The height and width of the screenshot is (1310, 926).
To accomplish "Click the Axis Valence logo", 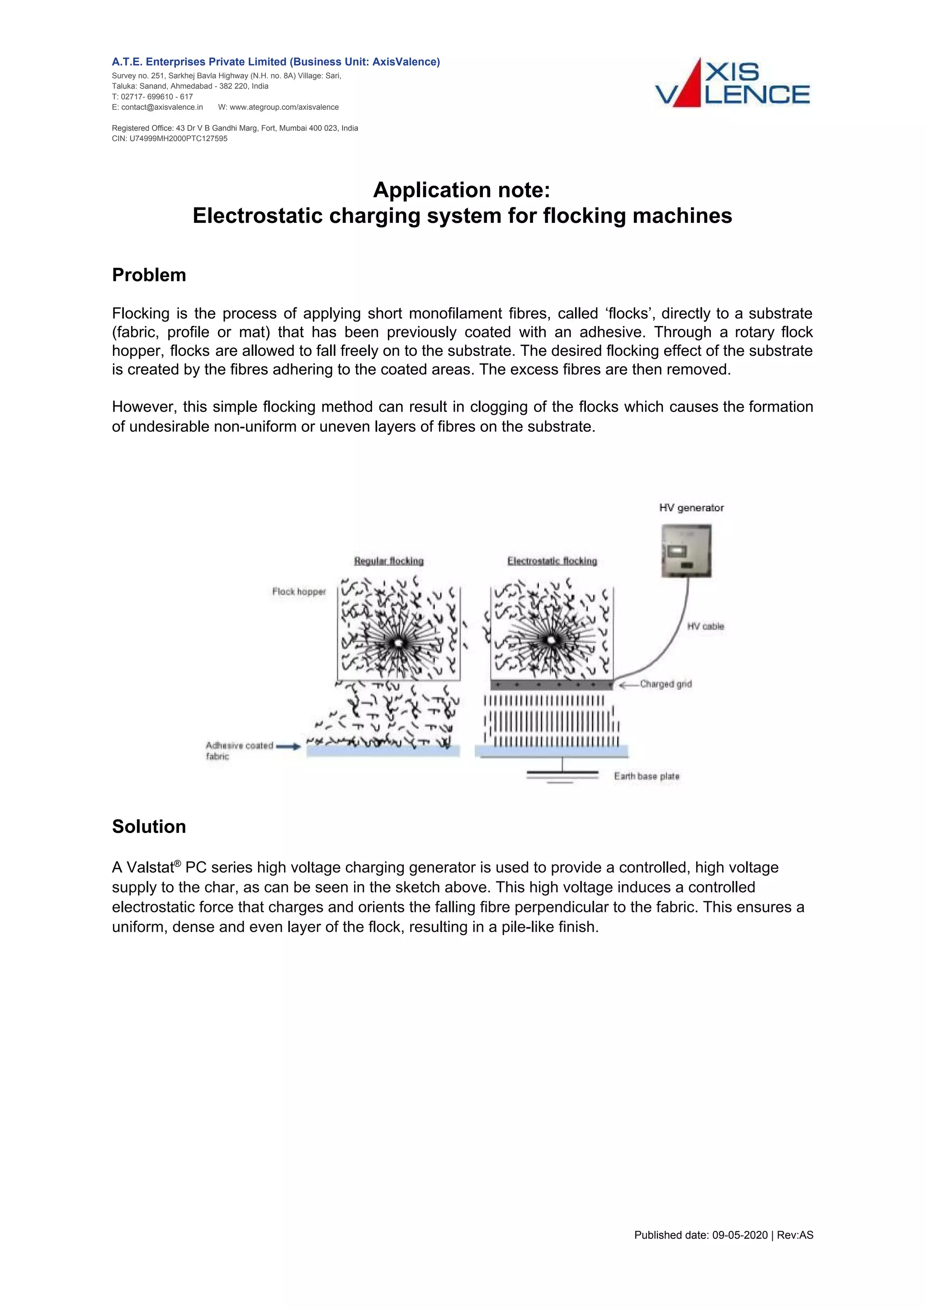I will [732, 83].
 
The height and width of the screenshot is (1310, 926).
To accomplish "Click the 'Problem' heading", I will [149, 275].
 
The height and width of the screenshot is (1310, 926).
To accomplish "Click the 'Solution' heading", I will [149, 827].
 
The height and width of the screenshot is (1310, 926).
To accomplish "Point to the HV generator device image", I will [686, 551].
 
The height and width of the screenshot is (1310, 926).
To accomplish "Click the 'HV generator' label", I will [691, 508].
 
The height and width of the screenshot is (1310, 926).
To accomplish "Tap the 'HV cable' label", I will [705, 626].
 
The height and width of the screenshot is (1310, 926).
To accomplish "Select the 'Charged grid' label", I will [666, 684].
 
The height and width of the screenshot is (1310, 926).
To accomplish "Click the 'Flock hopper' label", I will [298, 591].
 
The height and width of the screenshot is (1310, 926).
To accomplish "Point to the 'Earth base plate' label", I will [647, 776].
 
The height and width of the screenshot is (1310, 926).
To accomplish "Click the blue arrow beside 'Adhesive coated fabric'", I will [289, 746].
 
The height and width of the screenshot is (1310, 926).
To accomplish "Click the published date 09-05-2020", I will [739, 1251].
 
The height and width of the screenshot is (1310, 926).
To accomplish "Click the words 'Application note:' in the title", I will [462, 190].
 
